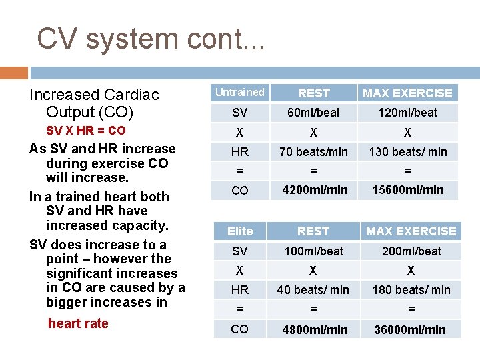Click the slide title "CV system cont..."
(151, 39)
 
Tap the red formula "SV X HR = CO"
(85, 131)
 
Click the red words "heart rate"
(78, 323)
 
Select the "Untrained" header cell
(239, 93)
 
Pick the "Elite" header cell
(239, 231)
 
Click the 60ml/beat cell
(313, 113)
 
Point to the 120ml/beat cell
(407, 113)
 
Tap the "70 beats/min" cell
(313, 152)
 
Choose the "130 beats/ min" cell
(407, 152)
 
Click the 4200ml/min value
(315, 190)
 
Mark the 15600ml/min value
(407, 190)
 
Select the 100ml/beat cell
(313, 251)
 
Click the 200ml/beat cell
(411, 251)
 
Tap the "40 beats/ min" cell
(313, 290)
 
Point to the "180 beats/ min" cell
(411, 290)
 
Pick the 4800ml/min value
(315, 330)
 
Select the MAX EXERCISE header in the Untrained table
(407, 93)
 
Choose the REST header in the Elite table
(313, 231)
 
